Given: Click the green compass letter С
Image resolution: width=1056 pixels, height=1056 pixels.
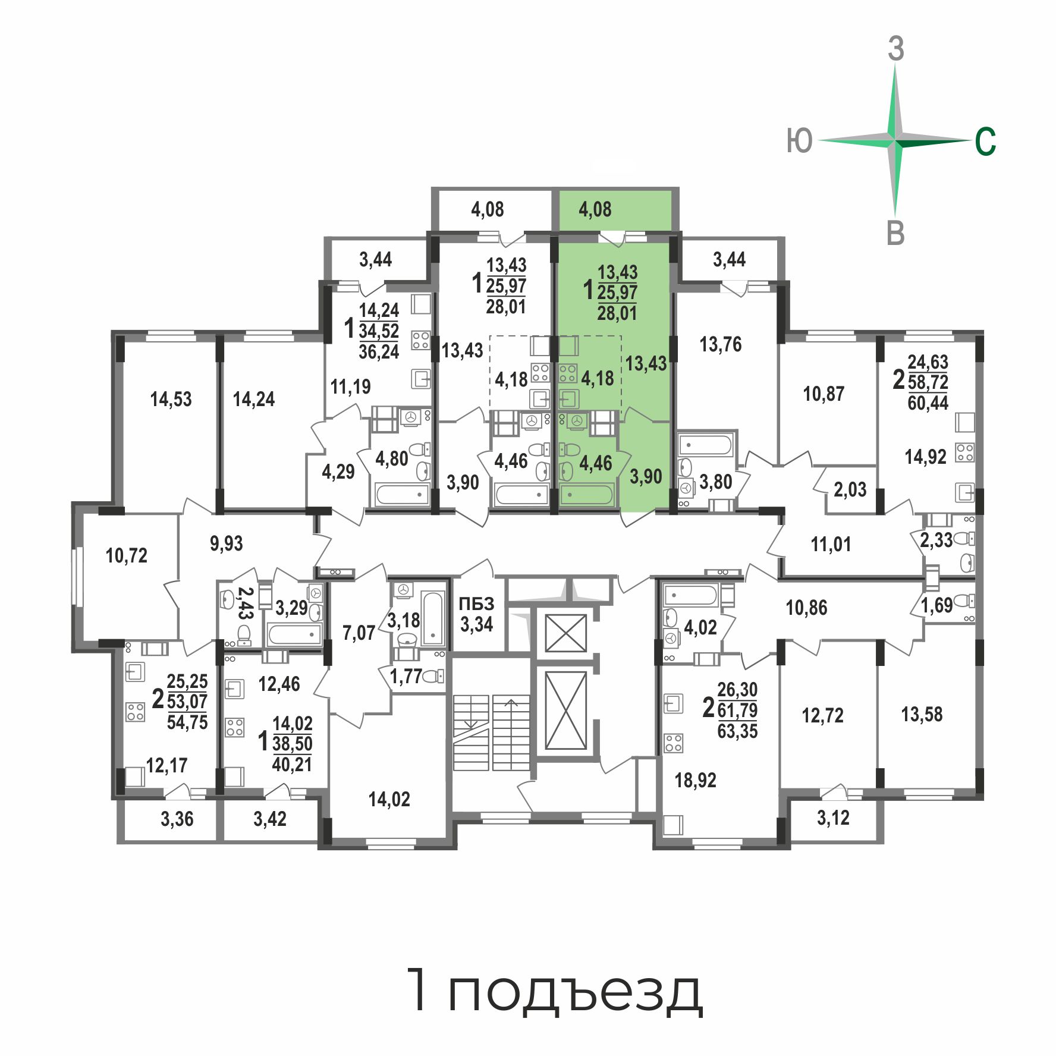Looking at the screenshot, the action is pyautogui.click(x=985, y=142).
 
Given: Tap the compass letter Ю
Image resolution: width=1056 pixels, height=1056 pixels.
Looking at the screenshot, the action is pyautogui.click(x=799, y=142).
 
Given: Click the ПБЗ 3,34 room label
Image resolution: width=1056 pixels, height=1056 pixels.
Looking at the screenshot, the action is pyautogui.click(x=477, y=614).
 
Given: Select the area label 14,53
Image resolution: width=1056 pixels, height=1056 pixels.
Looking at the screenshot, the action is pyautogui.click(x=171, y=399).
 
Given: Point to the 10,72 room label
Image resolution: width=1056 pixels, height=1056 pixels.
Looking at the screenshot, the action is pyautogui.click(x=126, y=555).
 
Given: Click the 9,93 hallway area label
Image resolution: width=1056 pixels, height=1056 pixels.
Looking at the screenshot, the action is pyautogui.click(x=227, y=543).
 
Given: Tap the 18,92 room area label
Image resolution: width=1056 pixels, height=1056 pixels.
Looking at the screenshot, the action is pyautogui.click(x=695, y=780).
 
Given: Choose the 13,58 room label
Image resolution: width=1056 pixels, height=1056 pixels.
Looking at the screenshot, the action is pyautogui.click(x=922, y=714).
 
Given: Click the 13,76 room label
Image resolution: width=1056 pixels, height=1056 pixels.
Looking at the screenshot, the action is pyautogui.click(x=721, y=344).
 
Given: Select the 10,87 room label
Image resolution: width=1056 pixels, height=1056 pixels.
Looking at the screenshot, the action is pyautogui.click(x=824, y=394).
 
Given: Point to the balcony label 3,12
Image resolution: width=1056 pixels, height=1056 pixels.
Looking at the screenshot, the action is pyautogui.click(x=833, y=818).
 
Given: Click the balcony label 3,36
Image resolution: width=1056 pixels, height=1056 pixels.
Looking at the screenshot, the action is pyautogui.click(x=177, y=819).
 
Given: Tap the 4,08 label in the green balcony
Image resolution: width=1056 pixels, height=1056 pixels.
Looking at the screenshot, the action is pyautogui.click(x=595, y=209).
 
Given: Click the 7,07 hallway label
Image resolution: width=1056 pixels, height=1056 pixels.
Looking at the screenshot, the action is pyautogui.click(x=359, y=633).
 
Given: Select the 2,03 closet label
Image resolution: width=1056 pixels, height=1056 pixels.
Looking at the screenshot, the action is pyautogui.click(x=850, y=489).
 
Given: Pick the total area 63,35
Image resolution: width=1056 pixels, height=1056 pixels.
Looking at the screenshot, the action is pyautogui.click(x=737, y=731).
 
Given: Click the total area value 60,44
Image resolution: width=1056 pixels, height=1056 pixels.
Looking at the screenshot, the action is pyautogui.click(x=928, y=403).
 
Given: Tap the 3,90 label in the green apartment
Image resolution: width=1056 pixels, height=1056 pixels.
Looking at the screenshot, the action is pyautogui.click(x=646, y=476).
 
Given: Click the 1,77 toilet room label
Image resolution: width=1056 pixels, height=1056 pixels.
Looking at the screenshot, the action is pyautogui.click(x=406, y=676).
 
